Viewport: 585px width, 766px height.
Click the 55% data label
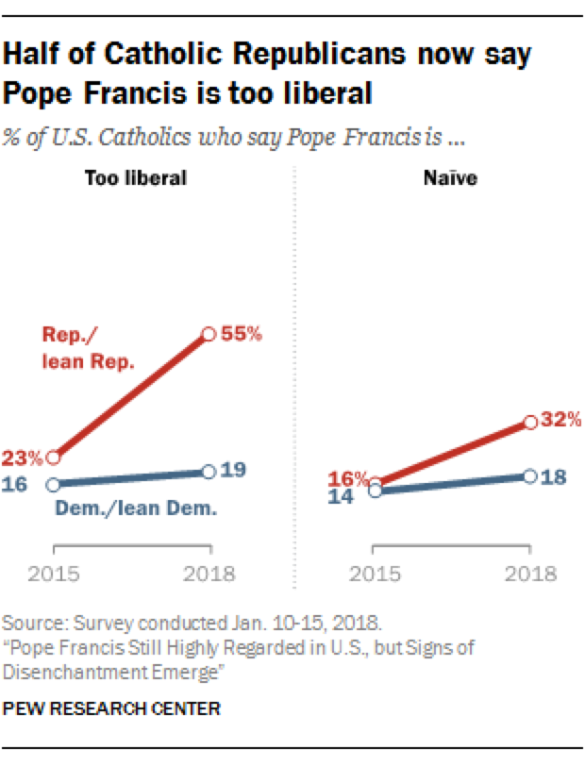242,334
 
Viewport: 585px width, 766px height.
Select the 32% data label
560,421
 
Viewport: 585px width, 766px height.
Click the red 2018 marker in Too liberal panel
209,334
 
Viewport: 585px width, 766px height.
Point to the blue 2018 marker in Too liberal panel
209,472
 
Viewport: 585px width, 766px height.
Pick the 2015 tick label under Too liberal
53,573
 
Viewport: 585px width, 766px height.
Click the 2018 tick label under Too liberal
209,573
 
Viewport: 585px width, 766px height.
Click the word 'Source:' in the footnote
29,624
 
